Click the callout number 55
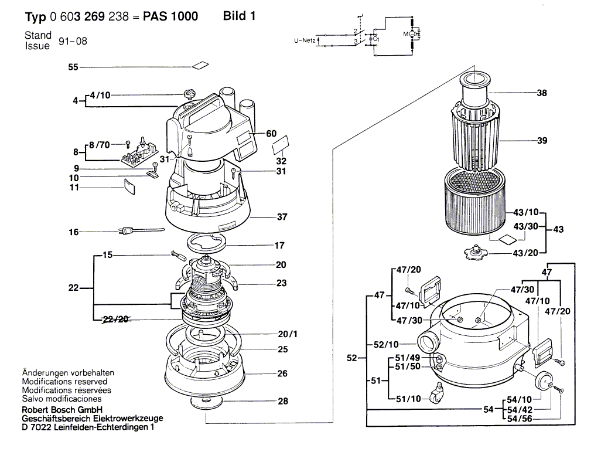[73, 67]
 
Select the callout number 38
[542, 93]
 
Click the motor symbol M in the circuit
[405, 36]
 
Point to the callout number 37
[282, 217]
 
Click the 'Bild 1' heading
[240, 16]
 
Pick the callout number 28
[282, 402]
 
